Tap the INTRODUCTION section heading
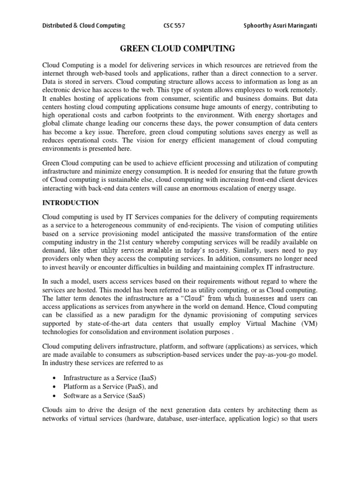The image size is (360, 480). click(71, 203)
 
